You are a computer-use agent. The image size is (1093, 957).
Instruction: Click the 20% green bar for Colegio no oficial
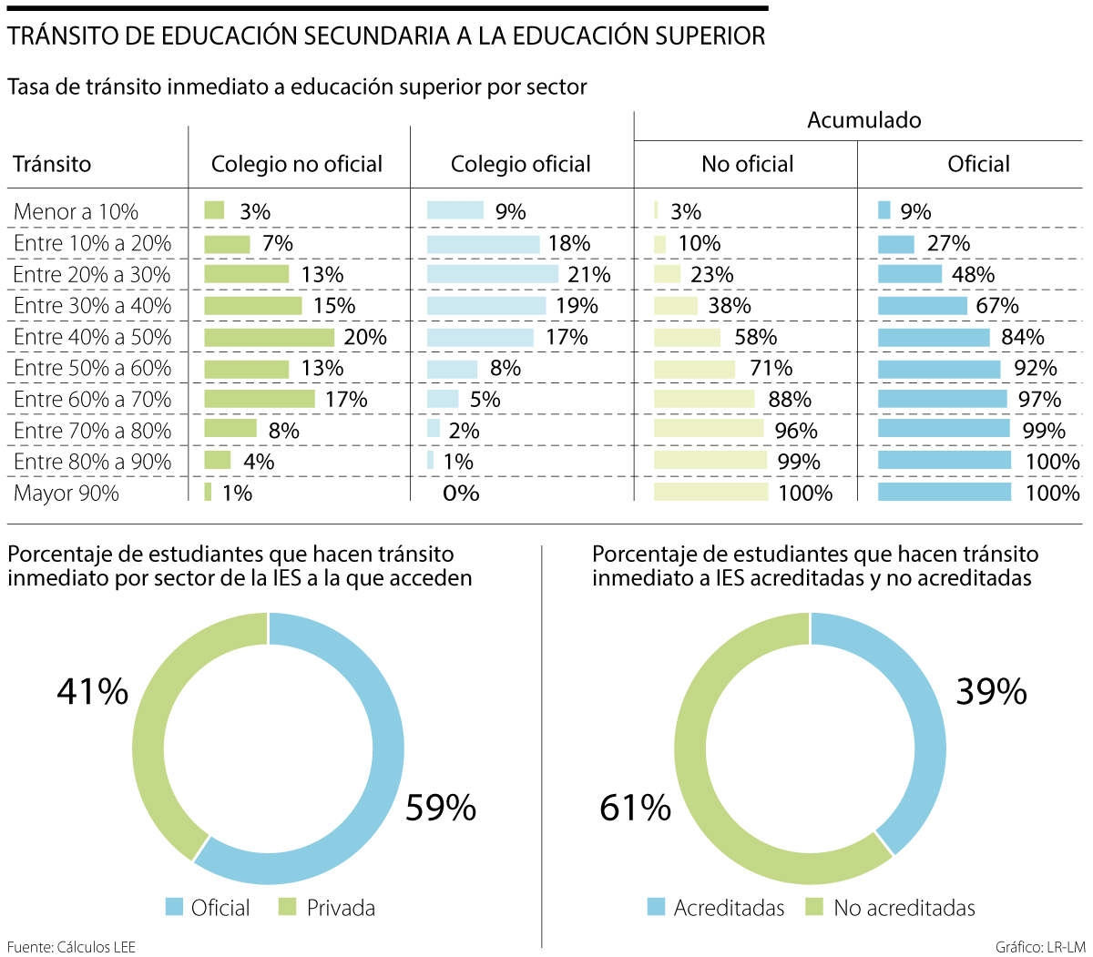click(269, 337)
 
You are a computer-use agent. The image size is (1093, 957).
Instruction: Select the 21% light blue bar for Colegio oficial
click(492, 274)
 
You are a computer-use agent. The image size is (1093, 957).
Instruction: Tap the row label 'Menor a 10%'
click(76, 212)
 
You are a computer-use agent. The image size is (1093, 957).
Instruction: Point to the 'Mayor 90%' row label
click(66, 494)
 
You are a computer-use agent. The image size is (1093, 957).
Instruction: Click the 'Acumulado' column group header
click(863, 120)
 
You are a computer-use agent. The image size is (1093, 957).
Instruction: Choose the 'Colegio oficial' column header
click(520, 164)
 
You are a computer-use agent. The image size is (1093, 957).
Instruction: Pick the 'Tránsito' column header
click(52, 164)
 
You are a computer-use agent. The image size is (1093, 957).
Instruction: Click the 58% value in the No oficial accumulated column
click(755, 337)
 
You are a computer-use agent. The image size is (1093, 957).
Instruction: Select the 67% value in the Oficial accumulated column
click(997, 306)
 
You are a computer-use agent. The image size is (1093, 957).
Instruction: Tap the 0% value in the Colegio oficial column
click(461, 494)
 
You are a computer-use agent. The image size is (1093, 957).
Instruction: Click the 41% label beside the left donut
click(92, 692)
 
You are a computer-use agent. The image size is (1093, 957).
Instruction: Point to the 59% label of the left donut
click(441, 808)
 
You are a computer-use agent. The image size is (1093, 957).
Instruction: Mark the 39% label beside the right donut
click(991, 692)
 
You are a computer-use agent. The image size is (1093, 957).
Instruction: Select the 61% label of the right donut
click(635, 808)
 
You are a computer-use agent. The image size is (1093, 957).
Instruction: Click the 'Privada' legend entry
click(340, 908)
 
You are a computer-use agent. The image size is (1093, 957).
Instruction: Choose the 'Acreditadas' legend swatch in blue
click(656, 908)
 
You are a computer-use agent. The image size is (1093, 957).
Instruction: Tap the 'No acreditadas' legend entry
click(904, 908)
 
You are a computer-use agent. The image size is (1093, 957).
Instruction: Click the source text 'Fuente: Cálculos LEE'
click(71, 947)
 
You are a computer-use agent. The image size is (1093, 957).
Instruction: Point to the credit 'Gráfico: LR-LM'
click(1040, 947)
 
